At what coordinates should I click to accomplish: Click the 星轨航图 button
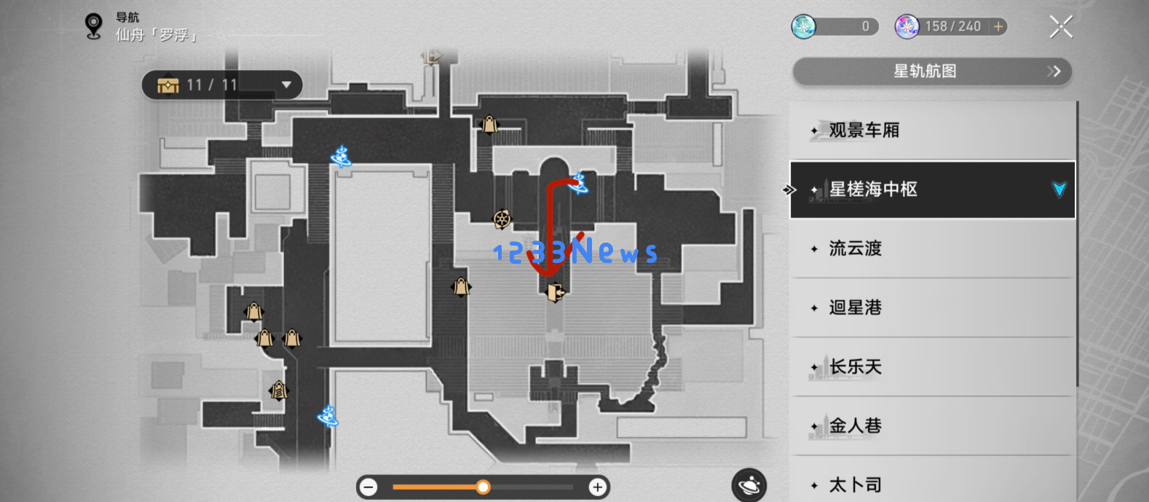click(x=932, y=71)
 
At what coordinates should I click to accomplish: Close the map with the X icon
click(x=1061, y=27)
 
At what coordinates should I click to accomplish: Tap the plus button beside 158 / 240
click(x=998, y=27)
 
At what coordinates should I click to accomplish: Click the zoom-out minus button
click(x=369, y=487)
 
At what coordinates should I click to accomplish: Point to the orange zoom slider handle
click(x=483, y=487)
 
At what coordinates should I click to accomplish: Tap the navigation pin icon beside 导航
click(x=93, y=26)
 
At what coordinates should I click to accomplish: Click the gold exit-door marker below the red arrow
click(x=556, y=292)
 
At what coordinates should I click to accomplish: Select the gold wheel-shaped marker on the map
click(x=502, y=219)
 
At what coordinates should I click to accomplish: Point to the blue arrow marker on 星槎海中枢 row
click(x=1059, y=189)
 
